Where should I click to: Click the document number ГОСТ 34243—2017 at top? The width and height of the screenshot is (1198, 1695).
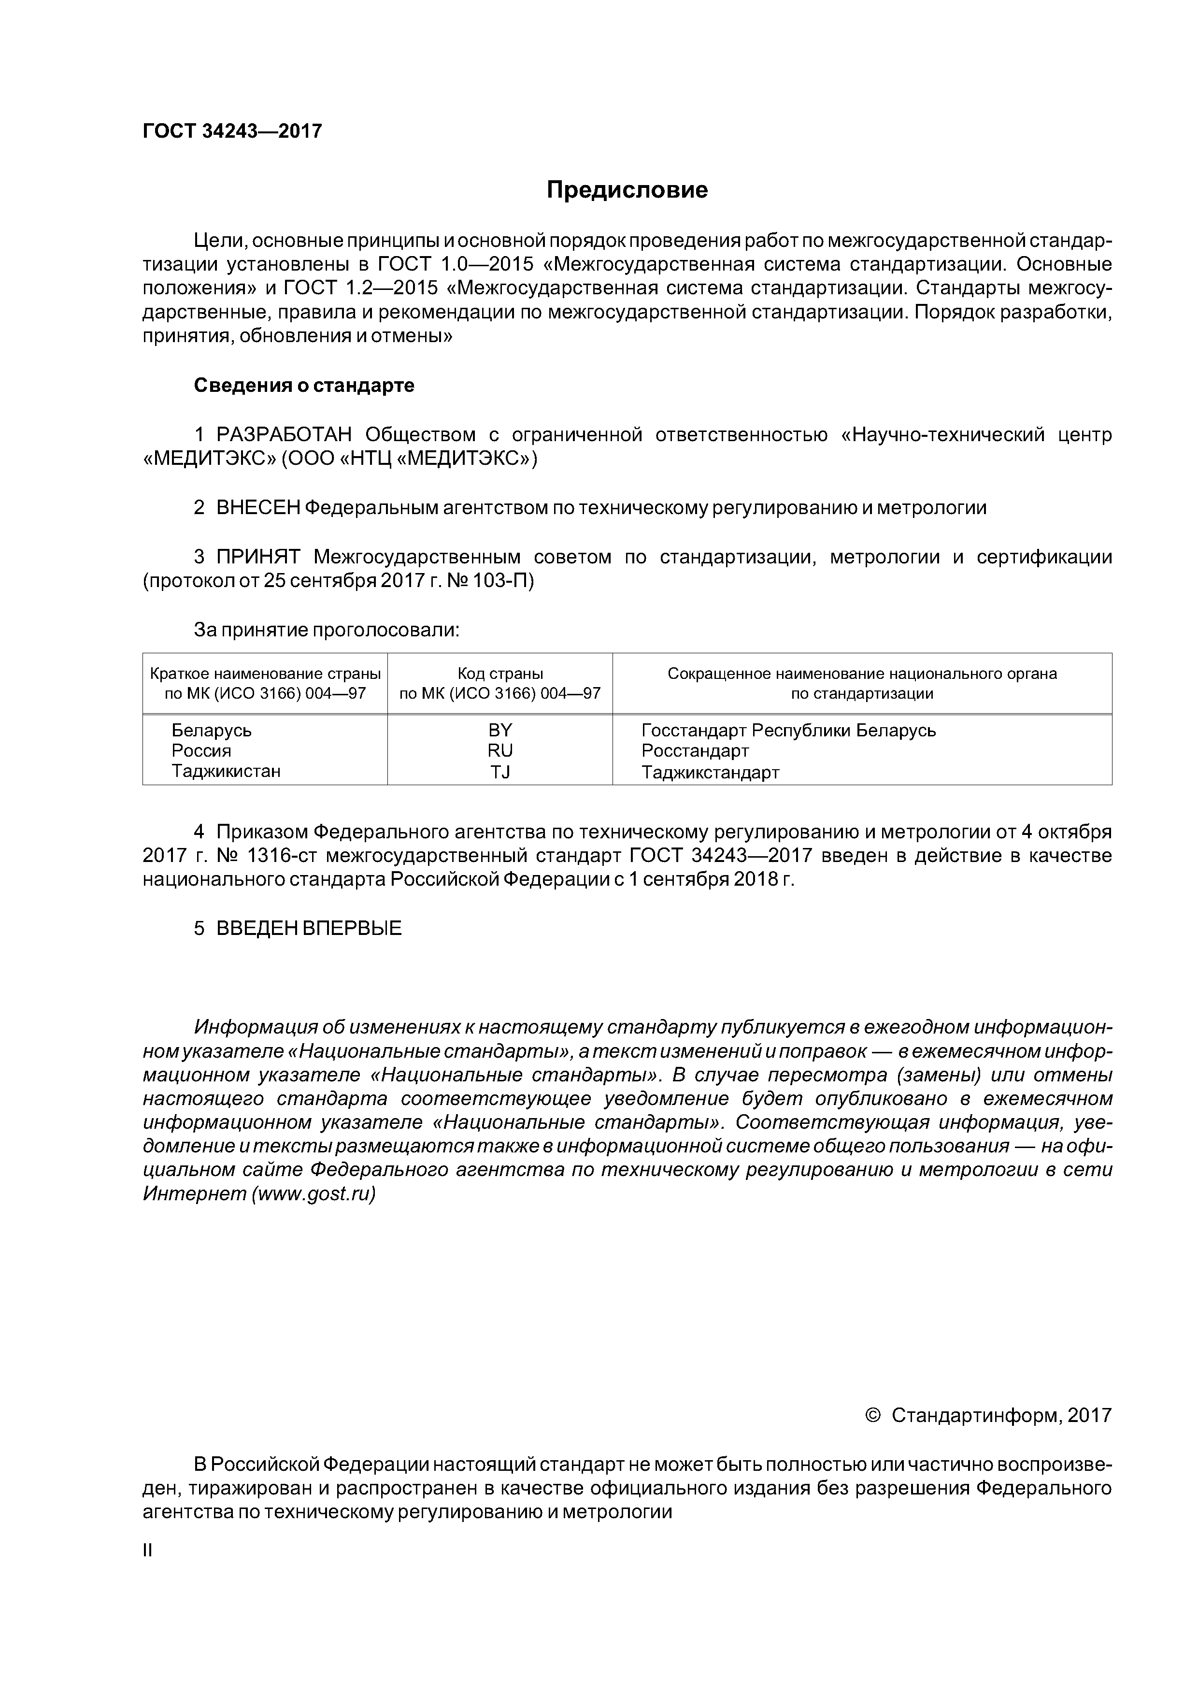(x=232, y=131)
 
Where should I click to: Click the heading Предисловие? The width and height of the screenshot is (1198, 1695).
(x=627, y=190)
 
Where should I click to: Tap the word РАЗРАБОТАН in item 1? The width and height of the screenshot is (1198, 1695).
(x=284, y=435)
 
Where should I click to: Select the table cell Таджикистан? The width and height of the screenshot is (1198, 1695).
(x=226, y=772)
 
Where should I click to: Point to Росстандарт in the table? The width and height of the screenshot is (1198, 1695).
(x=695, y=751)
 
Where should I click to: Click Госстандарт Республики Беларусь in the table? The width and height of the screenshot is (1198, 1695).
(x=788, y=730)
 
